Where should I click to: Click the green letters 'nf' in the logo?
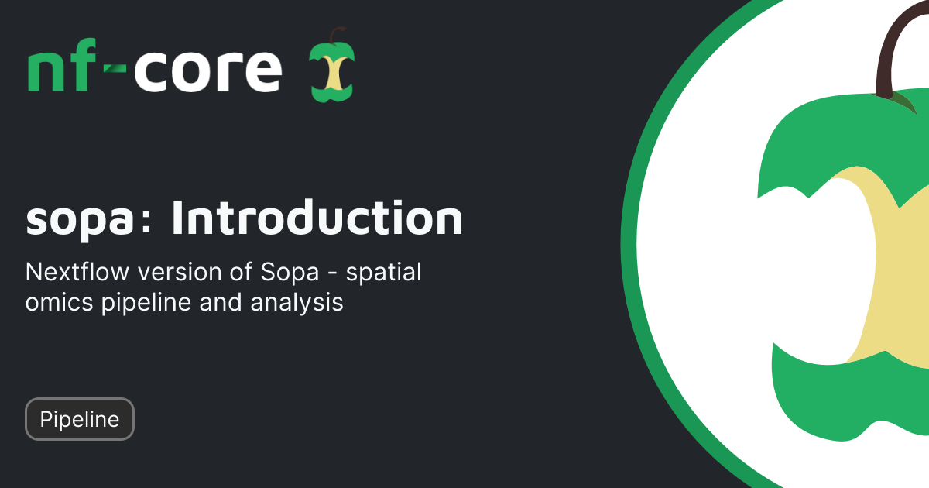pos(61,65)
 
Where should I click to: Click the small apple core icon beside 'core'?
pos(332,65)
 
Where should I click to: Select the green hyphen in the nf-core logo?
pos(115,68)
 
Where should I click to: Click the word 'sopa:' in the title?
pos(88,219)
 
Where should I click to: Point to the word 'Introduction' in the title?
pos(317,217)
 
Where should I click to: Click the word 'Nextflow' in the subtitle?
pos(77,272)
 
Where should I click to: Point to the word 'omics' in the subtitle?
pos(60,303)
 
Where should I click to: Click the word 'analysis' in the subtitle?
pos(297,304)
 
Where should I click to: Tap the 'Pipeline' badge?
pos(80,419)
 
